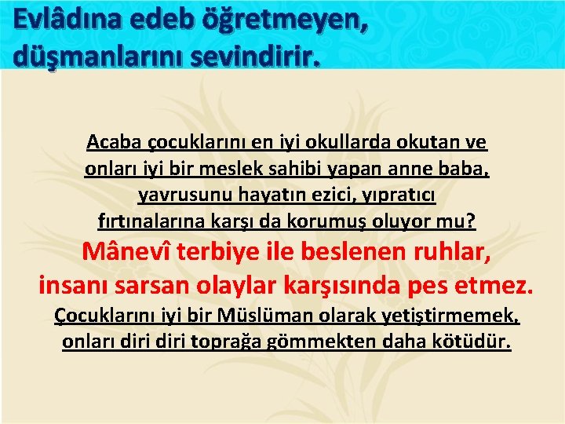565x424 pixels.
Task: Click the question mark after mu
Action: (471, 221)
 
